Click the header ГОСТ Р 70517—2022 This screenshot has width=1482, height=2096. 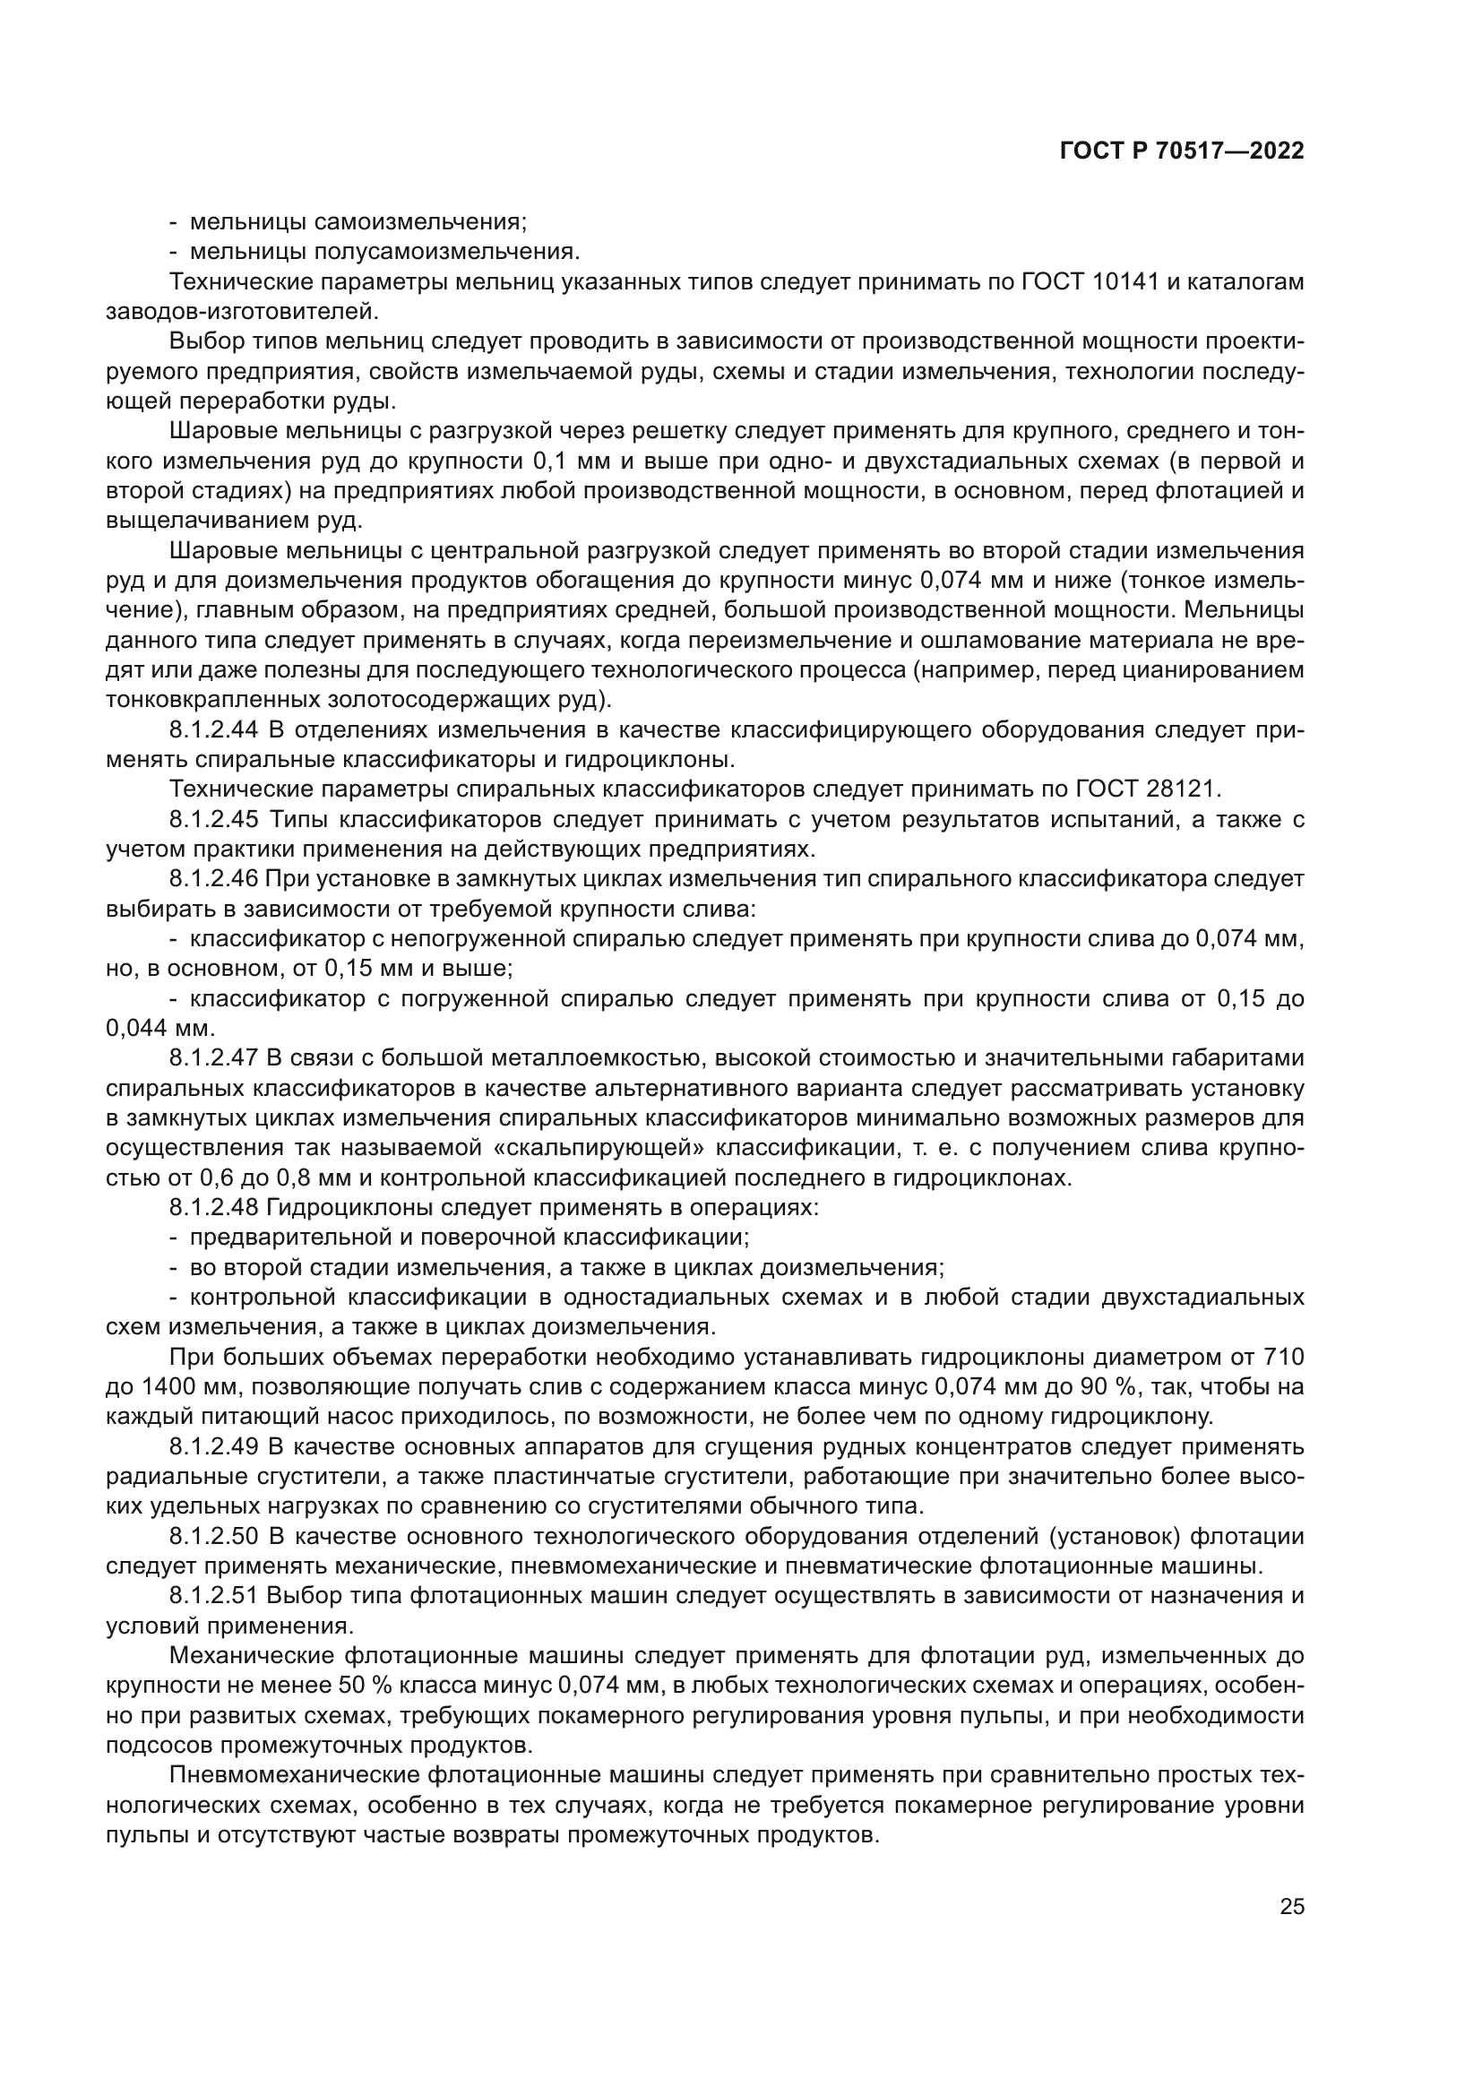pyautogui.click(x=1182, y=151)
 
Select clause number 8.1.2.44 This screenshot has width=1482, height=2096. pyautogui.click(x=214, y=730)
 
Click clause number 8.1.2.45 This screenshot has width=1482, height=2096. pyautogui.click(x=214, y=820)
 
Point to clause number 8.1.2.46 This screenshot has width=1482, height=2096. pyautogui.click(x=214, y=879)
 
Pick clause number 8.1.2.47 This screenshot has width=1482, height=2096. pyautogui.click(x=214, y=1058)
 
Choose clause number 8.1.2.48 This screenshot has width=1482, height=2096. pyautogui.click(x=214, y=1208)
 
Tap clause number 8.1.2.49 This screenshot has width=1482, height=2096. pyautogui.click(x=214, y=1447)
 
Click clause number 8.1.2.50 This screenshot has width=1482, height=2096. pyautogui.click(x=214, y=1537)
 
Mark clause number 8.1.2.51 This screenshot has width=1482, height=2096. pyautogui.click(x=214, y=1596)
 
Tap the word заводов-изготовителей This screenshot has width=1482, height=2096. pyautogui.click(x=241, y=311)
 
